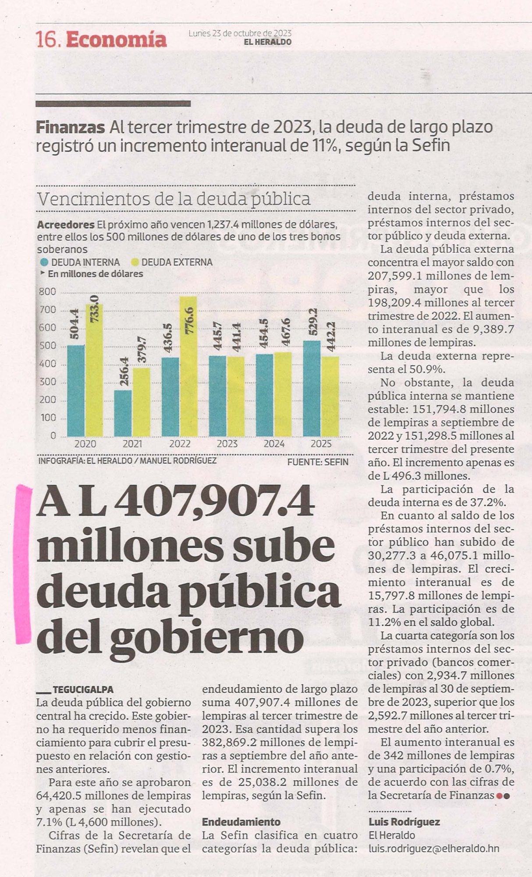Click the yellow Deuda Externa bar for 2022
(188, 366)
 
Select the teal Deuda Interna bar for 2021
(123, 413)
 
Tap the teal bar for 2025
(312, 389)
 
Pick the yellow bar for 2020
(94, 370)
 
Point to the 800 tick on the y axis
(48, 292)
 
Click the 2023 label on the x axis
(227, 444)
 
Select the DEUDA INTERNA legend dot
(44, 263)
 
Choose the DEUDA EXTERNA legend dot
(135, 263)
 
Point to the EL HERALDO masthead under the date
(268, 42)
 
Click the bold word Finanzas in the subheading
(70, 127)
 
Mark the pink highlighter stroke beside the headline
(23, 563)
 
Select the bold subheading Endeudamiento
(241, 821)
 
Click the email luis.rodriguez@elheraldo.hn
(434, 848)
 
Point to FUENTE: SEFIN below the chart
(318, 462)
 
